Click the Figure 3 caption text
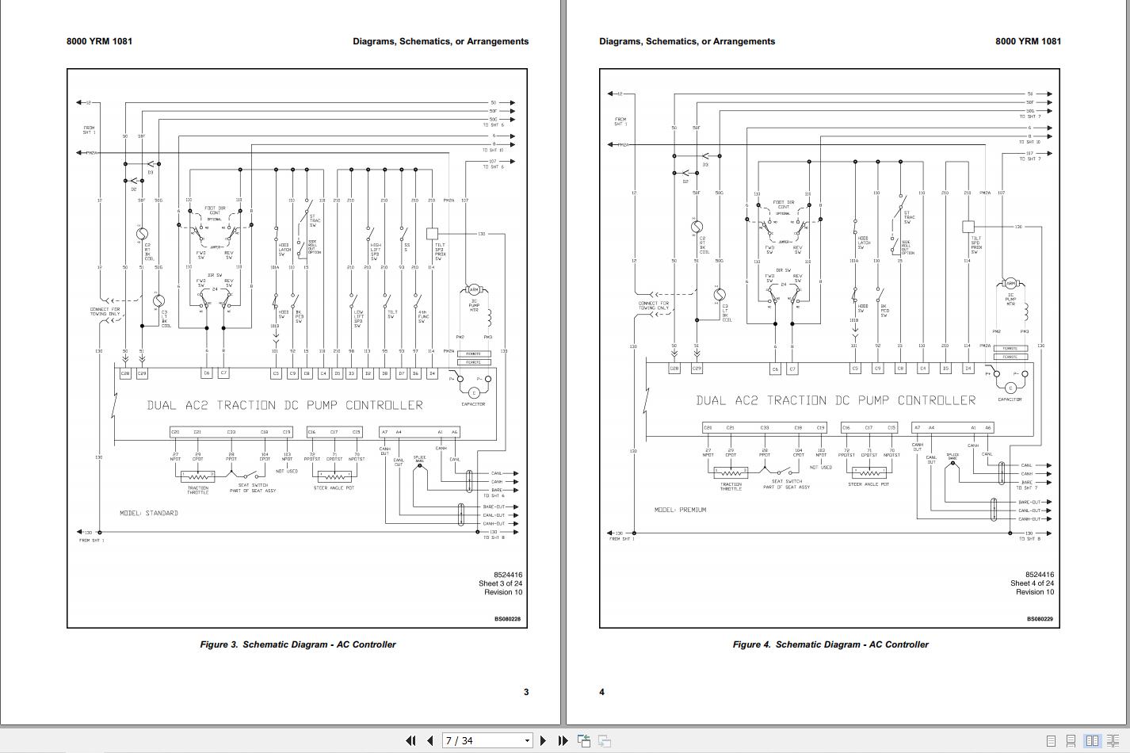(297, 644)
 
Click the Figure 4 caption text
(830, 644)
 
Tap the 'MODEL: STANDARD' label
(149, 513)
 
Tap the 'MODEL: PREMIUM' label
(680, 510)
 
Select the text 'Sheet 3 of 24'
(500, 583)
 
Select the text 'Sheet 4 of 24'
(1032, 583)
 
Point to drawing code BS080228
(507, 619)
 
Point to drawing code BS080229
(1040, 619)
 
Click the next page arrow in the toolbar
(543, 740)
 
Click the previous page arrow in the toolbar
(429, 740)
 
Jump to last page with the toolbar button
(563, 740)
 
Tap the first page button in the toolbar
(410, 740)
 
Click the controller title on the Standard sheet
(284, 405)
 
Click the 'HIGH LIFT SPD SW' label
(376, 250)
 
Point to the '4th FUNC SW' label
(423, 316)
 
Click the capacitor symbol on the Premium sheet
(1010, 388)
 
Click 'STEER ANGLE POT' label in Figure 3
(334, 488)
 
